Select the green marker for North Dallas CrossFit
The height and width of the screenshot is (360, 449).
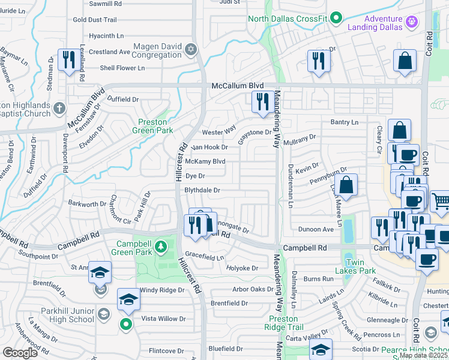coord(337,19)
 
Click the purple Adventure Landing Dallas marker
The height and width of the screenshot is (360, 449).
coord(411,22)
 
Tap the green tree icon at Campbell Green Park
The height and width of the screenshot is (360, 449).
coord(160,247)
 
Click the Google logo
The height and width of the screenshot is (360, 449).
coord(20,353)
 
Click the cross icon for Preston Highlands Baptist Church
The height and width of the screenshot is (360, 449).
coord(58,109)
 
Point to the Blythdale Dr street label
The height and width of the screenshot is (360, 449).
coord(202,190)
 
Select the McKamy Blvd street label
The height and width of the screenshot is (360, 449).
coord(205,161)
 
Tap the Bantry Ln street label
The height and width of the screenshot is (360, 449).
coord(344,122)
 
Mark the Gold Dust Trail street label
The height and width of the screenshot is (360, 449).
coord(94,20)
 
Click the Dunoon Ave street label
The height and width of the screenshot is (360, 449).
coord(316,229)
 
